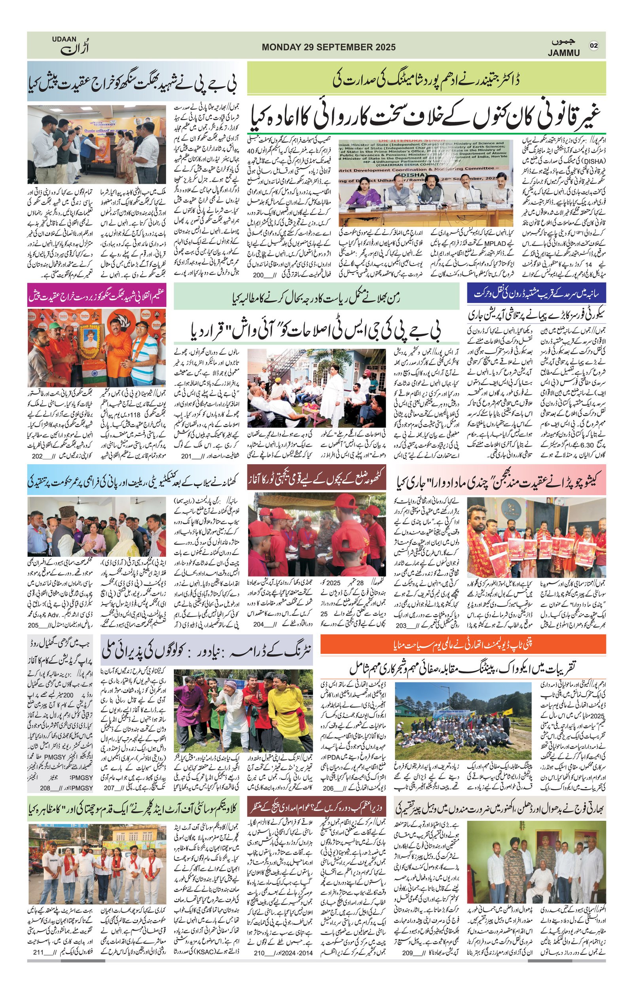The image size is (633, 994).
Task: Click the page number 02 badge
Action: pyautogui.click(x=594, y=45)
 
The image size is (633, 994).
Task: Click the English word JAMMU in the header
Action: pyautogui.click(x=564, y=53)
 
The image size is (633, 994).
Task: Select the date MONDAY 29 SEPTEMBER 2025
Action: pyautogui.click(x=329, y=47)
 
